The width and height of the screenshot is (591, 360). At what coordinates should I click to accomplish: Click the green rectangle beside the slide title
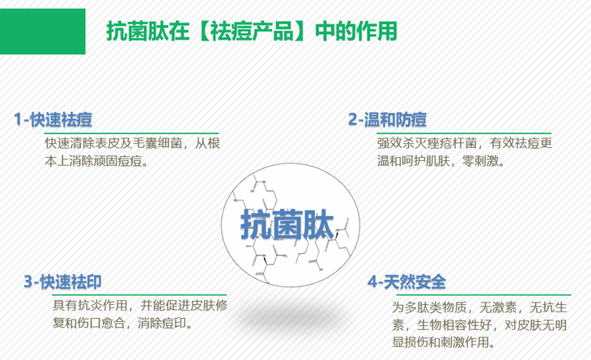coord(42,32)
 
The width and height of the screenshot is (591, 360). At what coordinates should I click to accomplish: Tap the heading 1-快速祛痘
coord(53,120)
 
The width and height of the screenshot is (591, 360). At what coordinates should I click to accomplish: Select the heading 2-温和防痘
coord(387,120)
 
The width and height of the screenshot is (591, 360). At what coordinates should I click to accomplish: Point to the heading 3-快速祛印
coord(62,282)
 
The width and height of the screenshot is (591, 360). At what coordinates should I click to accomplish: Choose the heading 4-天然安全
coord(406,282)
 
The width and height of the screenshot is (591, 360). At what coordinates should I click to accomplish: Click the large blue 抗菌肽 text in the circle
coord(287,225)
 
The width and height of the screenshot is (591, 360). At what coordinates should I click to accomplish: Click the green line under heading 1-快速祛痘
coord(131,133)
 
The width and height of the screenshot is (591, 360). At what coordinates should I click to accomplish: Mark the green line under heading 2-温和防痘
coord(464,133)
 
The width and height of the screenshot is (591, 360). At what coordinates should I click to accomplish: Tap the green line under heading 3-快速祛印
coord(139,294)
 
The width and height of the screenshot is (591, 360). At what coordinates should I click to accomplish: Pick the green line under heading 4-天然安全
coord(484,294)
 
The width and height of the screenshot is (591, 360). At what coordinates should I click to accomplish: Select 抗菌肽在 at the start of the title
coord(147,32)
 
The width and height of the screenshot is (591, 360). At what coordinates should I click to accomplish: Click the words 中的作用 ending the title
coord(356,32)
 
